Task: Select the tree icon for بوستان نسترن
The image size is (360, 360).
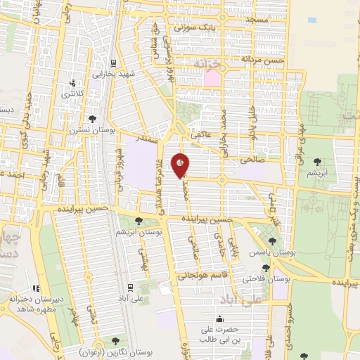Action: [92, 119]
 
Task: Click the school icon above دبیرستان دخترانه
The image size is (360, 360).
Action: [37, 288]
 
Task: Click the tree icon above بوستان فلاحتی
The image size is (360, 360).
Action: [266, 268]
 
